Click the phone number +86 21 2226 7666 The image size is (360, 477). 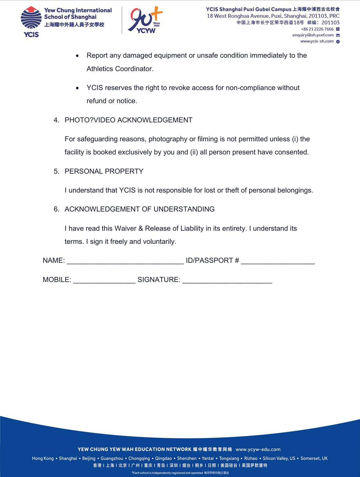[317, 29]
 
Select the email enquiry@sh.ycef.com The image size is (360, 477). [313, 35]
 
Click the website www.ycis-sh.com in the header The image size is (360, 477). [317, 41]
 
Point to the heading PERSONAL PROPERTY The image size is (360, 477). [104, 171]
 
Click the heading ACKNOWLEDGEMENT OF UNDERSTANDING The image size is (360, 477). [140, 209]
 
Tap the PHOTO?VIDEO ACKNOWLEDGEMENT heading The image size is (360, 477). [128, 120]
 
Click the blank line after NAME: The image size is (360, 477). [125, 261]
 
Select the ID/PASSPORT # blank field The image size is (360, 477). [278, 261]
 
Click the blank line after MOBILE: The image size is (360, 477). [104, 280]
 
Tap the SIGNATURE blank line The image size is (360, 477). [227, 280]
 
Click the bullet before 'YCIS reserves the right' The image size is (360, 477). [78, 88]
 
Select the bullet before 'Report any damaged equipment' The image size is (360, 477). [78, 56]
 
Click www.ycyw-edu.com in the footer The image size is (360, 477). [258, 449]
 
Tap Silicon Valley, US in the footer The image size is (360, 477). [279, 458]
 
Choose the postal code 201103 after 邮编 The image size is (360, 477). [330, 23]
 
